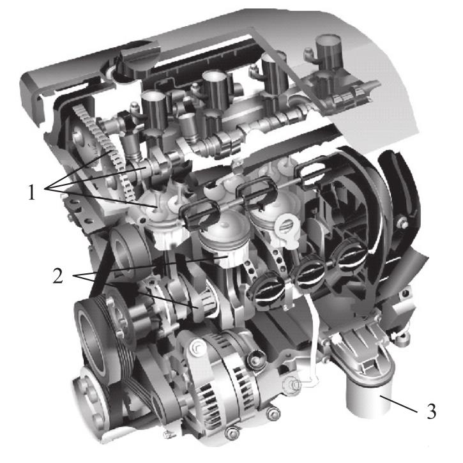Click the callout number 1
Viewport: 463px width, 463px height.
pos(31,192)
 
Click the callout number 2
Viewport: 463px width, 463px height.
pos(58,275)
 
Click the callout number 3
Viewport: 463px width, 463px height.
pos(432,411)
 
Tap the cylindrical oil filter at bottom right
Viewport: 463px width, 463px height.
pos(368,400)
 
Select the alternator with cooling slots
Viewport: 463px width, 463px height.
pos(224,381)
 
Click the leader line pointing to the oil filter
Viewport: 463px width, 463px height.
pos(398,404)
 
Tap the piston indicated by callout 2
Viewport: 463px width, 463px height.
pos(223,242)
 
